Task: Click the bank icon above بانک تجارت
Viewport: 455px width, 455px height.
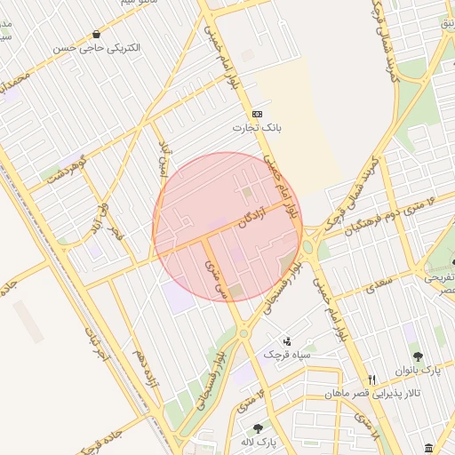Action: pyautogui.click(x=258, y=114)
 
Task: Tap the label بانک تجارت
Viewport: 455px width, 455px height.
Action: pyautogui.click(x=257, y=128)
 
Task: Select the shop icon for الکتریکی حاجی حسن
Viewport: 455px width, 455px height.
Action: pyautogui.click(x=95, y=34)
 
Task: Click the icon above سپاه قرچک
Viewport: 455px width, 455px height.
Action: pyautogui.click(x=286, y=340)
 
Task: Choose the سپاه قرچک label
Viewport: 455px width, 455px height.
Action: pyautogui.click(x=287, y=355)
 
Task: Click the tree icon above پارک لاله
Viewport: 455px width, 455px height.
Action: pyautogui.click(x=258, y=427)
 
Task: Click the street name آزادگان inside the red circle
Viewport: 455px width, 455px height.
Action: pyautogui.click(x=252, y=220)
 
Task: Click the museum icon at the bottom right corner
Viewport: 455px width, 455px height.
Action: pyautogui.click(x=429, y=446)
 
